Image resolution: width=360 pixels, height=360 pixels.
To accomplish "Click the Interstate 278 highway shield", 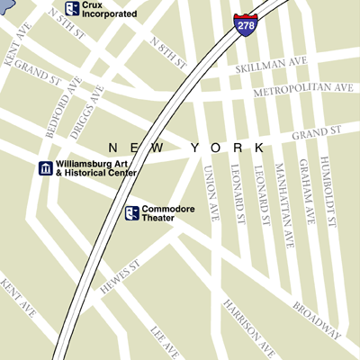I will pyautogui.click(x=243, y=23).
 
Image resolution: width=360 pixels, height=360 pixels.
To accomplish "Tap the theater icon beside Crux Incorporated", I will pyautogui.click(x=71, y=9).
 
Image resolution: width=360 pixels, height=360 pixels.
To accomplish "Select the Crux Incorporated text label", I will pyautogui.click(x=110, y=10).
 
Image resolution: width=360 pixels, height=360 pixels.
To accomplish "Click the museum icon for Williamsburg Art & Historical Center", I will pyautogui.click(x=44, y=168).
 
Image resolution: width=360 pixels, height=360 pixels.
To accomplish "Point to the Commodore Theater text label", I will pyautogui.click(x=166, y=212).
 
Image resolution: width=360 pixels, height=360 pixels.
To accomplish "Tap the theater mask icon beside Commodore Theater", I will pyautogui.click(x=132, y=212).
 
